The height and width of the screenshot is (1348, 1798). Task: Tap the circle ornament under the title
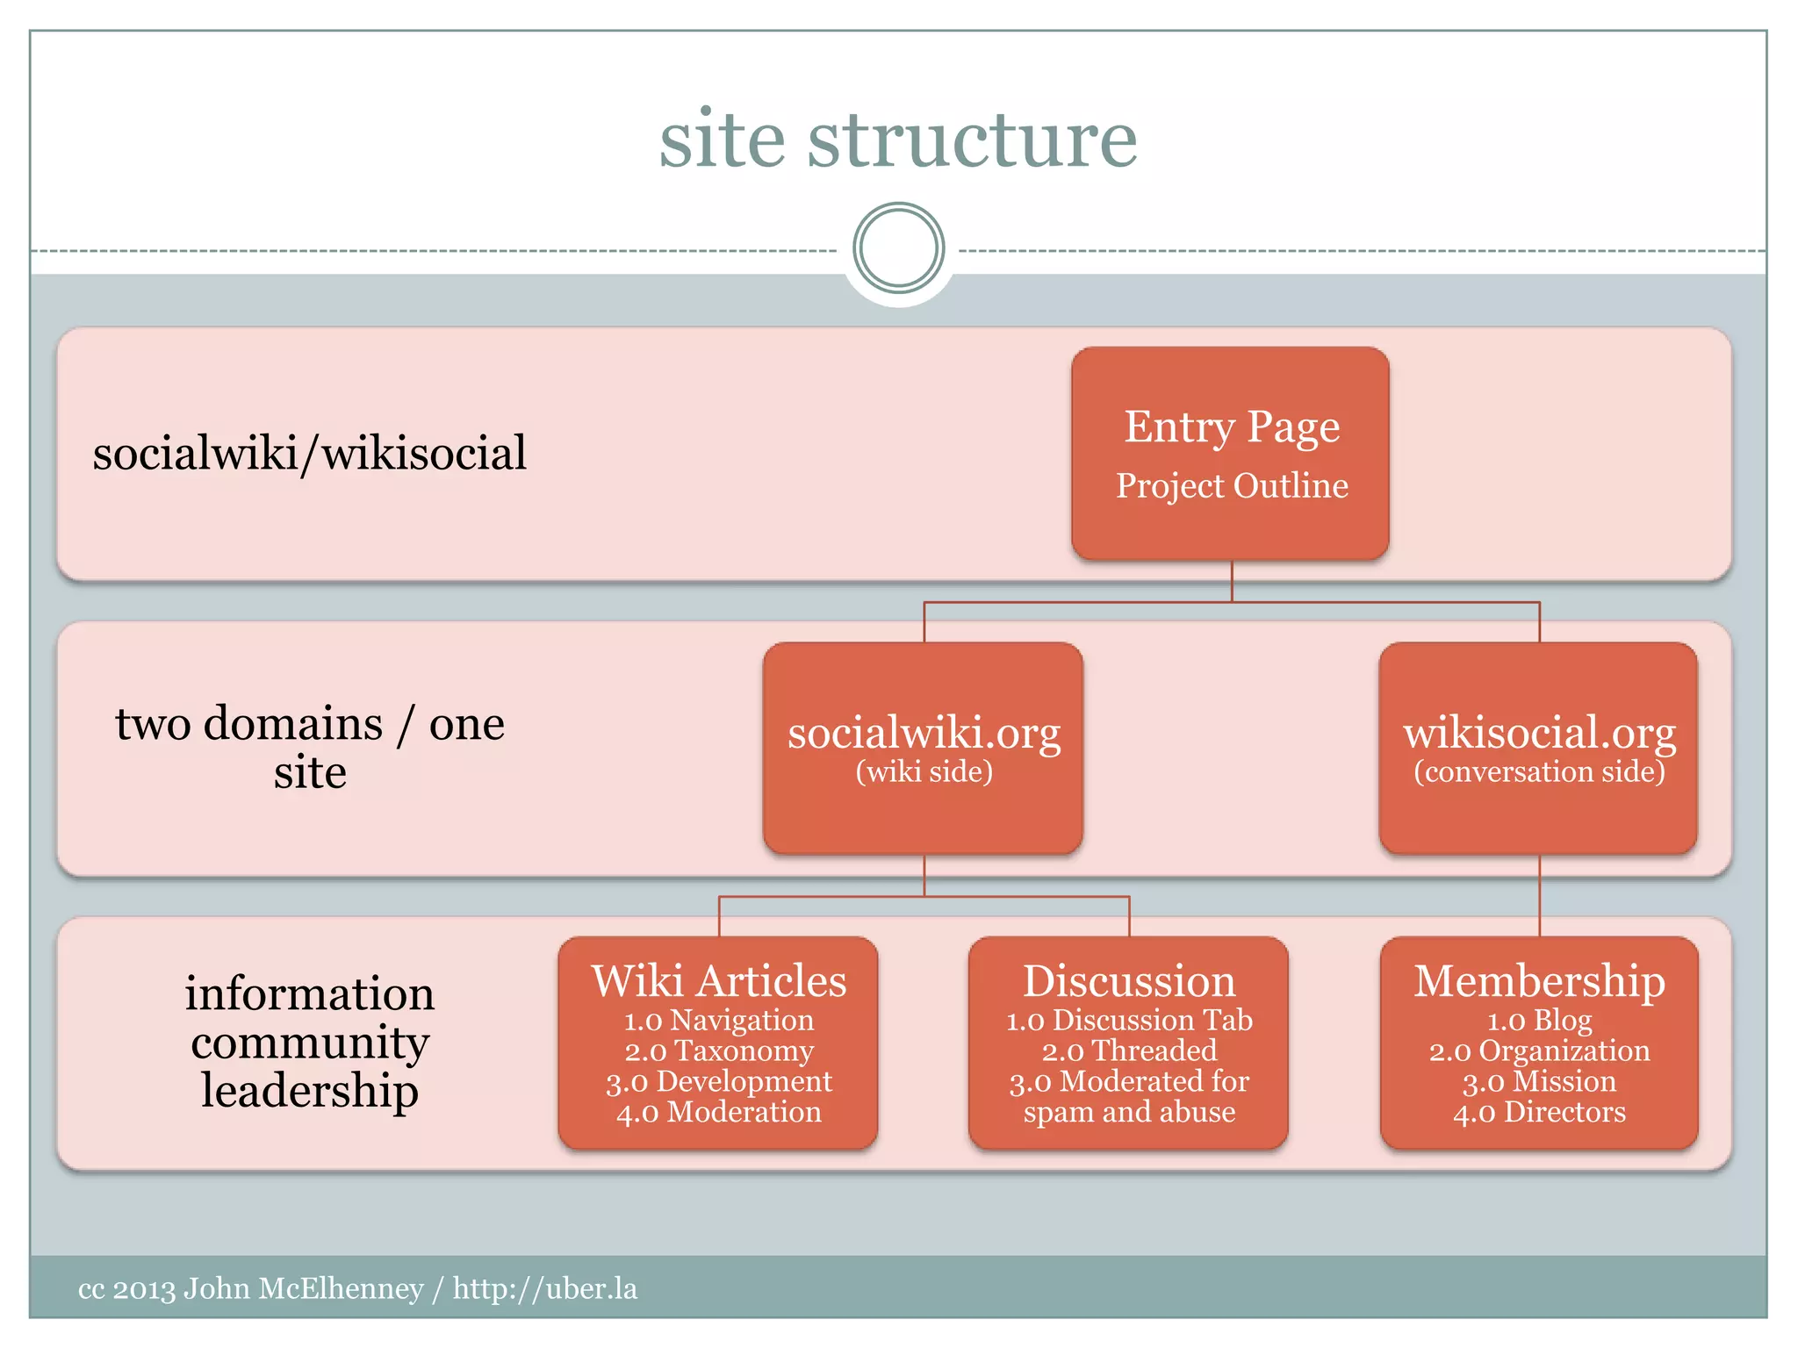tap(898, 248)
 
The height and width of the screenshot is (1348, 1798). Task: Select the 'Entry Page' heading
tap(1232, 427)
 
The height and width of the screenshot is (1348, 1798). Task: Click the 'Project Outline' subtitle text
tap(1232, 486)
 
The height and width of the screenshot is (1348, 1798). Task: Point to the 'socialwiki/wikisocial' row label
tap(309, 454)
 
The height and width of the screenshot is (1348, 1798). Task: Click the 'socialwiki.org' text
tap(924, 733)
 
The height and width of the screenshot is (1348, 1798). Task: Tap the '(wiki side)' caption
tap(924, 771)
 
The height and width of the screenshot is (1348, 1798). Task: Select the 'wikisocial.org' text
tap(1539, 733)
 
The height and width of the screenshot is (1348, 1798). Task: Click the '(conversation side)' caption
tap(1539, 771)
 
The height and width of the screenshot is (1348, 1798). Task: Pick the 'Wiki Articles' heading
tap(718, 980)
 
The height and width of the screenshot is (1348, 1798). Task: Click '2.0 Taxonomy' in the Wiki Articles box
tap(718, 1050)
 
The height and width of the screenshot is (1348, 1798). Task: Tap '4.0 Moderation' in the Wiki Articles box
tap(718, 1112)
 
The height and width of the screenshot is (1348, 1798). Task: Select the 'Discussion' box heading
tap(1129, 980)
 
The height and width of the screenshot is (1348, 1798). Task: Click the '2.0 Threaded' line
tap(1129, 1050)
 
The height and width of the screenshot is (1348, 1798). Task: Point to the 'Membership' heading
tap(1539, 980)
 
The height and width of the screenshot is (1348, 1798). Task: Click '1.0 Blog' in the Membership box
tap(1539, 1020)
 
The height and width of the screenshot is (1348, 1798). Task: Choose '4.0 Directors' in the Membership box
tap(1539, 1112)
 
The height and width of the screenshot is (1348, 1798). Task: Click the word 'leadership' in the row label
tap(309, 1091)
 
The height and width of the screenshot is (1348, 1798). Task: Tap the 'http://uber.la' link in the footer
tap(544, 1288)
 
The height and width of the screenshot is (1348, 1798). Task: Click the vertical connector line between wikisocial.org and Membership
tap(1540, 895)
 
